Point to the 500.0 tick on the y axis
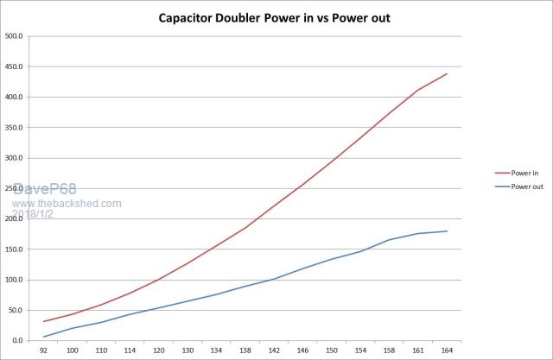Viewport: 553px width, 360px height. click(x=15, y=36)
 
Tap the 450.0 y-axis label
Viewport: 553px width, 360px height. click(x=15, y=66)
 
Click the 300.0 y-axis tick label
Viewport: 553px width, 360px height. click(x=15, y=158)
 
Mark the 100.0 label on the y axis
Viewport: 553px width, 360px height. click(x=15, y=280)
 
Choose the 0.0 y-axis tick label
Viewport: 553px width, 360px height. click(x=17, y=341)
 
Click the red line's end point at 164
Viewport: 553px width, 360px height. click(x=447, y=74)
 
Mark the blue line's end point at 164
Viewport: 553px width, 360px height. click(x=447, y=231)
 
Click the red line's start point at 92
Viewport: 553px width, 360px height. click(x=44, y=321)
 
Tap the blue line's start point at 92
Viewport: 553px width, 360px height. click(x=44, y=337)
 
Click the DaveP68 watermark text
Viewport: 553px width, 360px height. click(x=42, y=190)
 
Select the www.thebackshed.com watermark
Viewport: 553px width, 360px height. click(x=67, y=204)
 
